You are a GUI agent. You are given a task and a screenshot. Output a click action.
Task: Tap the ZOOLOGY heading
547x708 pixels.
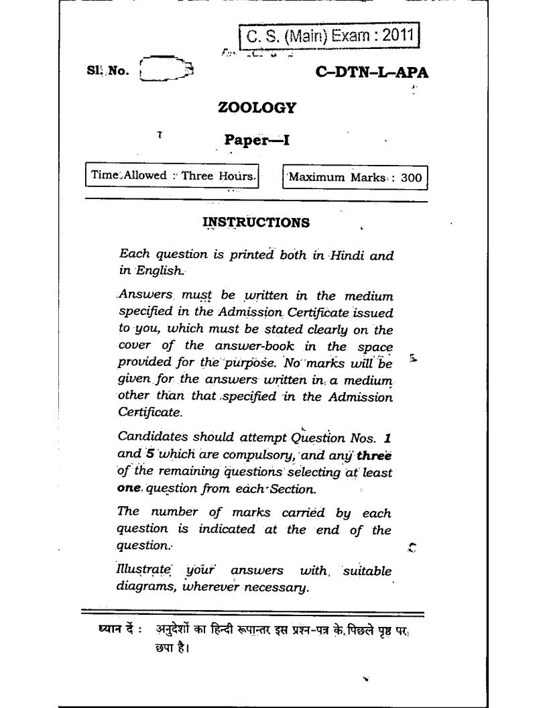[x=257, y=107]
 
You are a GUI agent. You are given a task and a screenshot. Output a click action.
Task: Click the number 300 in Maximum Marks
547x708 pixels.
[x=412, y=178]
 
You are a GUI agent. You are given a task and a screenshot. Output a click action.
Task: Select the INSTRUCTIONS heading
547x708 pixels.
[x=256, y=222]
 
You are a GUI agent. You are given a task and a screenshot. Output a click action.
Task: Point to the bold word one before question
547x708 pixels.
[x=129, y=489]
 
